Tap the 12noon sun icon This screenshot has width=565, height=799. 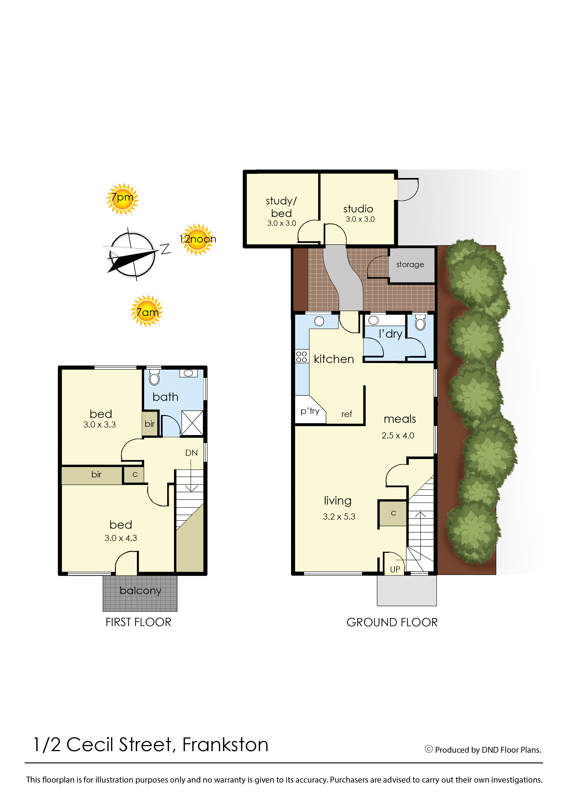(x=197, y=239)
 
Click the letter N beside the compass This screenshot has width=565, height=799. (x=165, y=249)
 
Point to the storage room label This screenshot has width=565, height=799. (x=410, y=265)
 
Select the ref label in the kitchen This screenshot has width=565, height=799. (x=347, y=414)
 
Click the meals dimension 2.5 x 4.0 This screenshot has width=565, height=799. (x=398, y=436)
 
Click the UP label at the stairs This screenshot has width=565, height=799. (x=395, y=569)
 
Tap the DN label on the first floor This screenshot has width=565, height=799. (x=191, y=453)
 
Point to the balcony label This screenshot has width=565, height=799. (x=141, y=591)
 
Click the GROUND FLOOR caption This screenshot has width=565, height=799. (x=392, y=622)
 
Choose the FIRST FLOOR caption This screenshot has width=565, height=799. (x=138, y=622)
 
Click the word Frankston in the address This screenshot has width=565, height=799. (x=225, y=745)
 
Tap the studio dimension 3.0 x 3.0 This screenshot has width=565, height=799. (x=360, y=219)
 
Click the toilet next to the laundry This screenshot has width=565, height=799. (x=420, y=323)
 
